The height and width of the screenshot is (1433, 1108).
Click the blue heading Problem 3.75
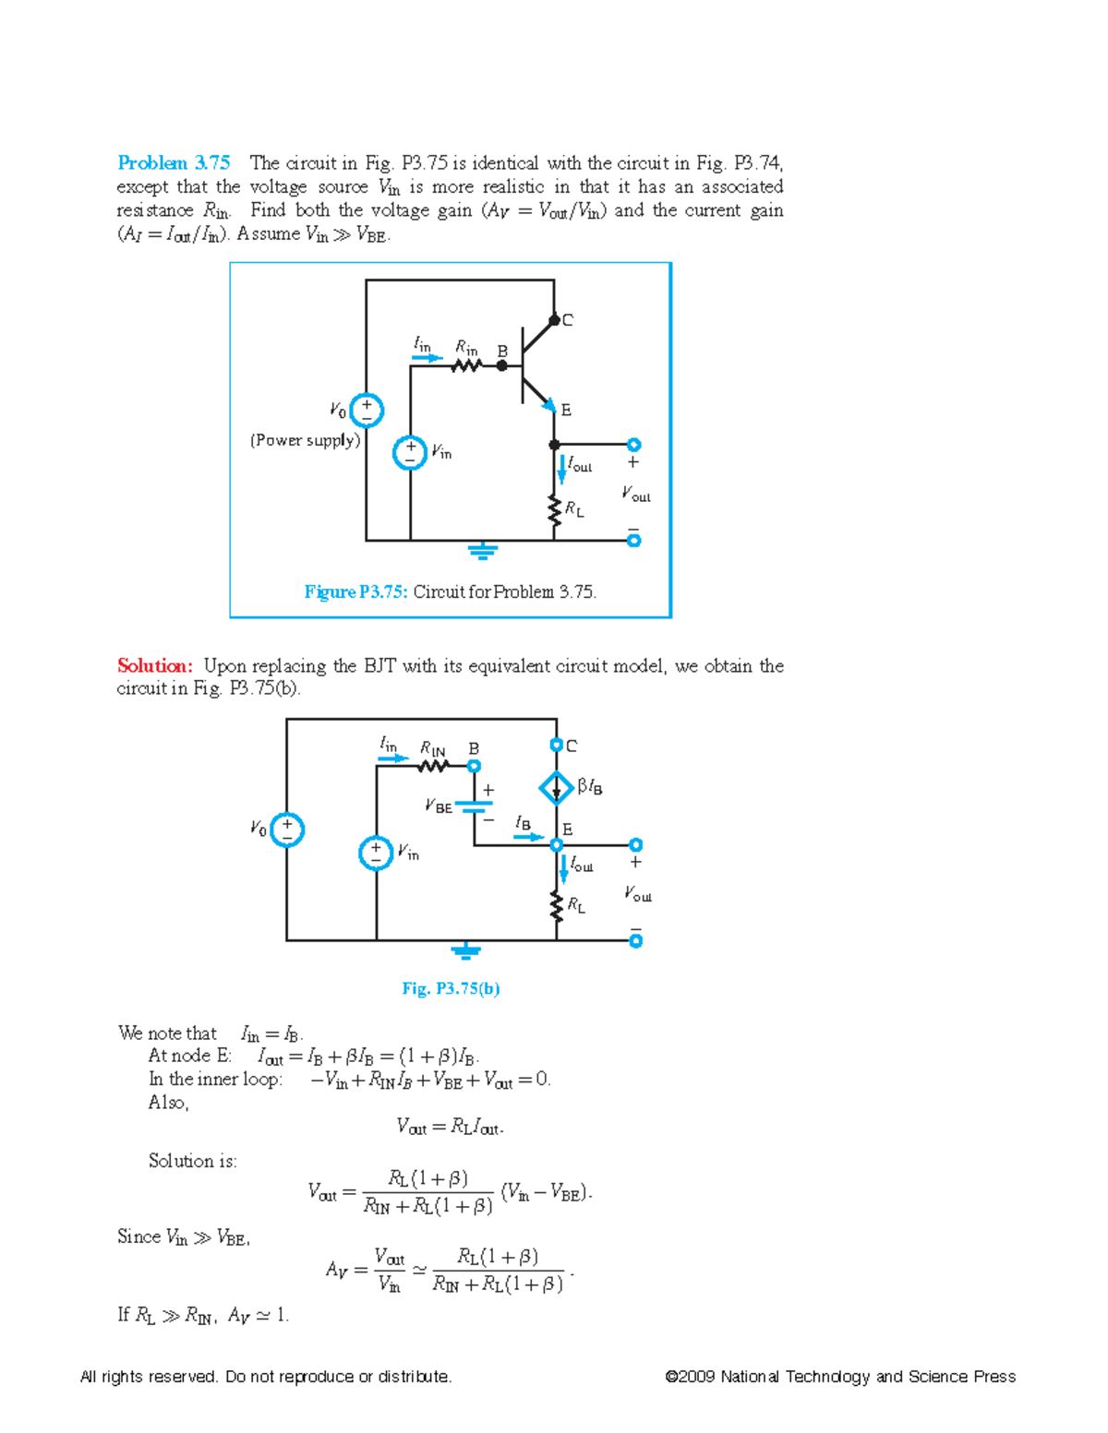pos(174,163)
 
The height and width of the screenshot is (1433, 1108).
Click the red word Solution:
pos(154,666)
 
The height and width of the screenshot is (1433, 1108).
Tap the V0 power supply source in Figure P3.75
pos(367,410)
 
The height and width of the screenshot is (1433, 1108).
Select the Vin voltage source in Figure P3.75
pos(410,453)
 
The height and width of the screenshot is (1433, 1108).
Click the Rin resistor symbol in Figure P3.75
pos(467,365)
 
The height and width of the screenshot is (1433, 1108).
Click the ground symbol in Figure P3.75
pos(482,552)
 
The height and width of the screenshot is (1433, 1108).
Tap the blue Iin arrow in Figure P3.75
pos(427,358)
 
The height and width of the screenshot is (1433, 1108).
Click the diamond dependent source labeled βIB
pos(556,788)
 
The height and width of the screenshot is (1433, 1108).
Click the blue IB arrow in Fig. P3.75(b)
pos(528,837)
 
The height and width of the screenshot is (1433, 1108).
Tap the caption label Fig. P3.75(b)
pos(451,988)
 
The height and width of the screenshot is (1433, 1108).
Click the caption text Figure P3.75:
pos(355,592)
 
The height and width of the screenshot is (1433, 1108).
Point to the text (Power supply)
pos(305,440)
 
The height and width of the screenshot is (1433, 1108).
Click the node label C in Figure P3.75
pos(567,320)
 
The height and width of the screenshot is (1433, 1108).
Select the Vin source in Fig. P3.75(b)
pos(376,853)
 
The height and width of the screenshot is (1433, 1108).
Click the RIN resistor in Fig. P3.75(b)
pos(432,766)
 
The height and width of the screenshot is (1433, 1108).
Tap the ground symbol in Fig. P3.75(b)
pos(466,951)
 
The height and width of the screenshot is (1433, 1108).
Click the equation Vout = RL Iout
pos(450,1127)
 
